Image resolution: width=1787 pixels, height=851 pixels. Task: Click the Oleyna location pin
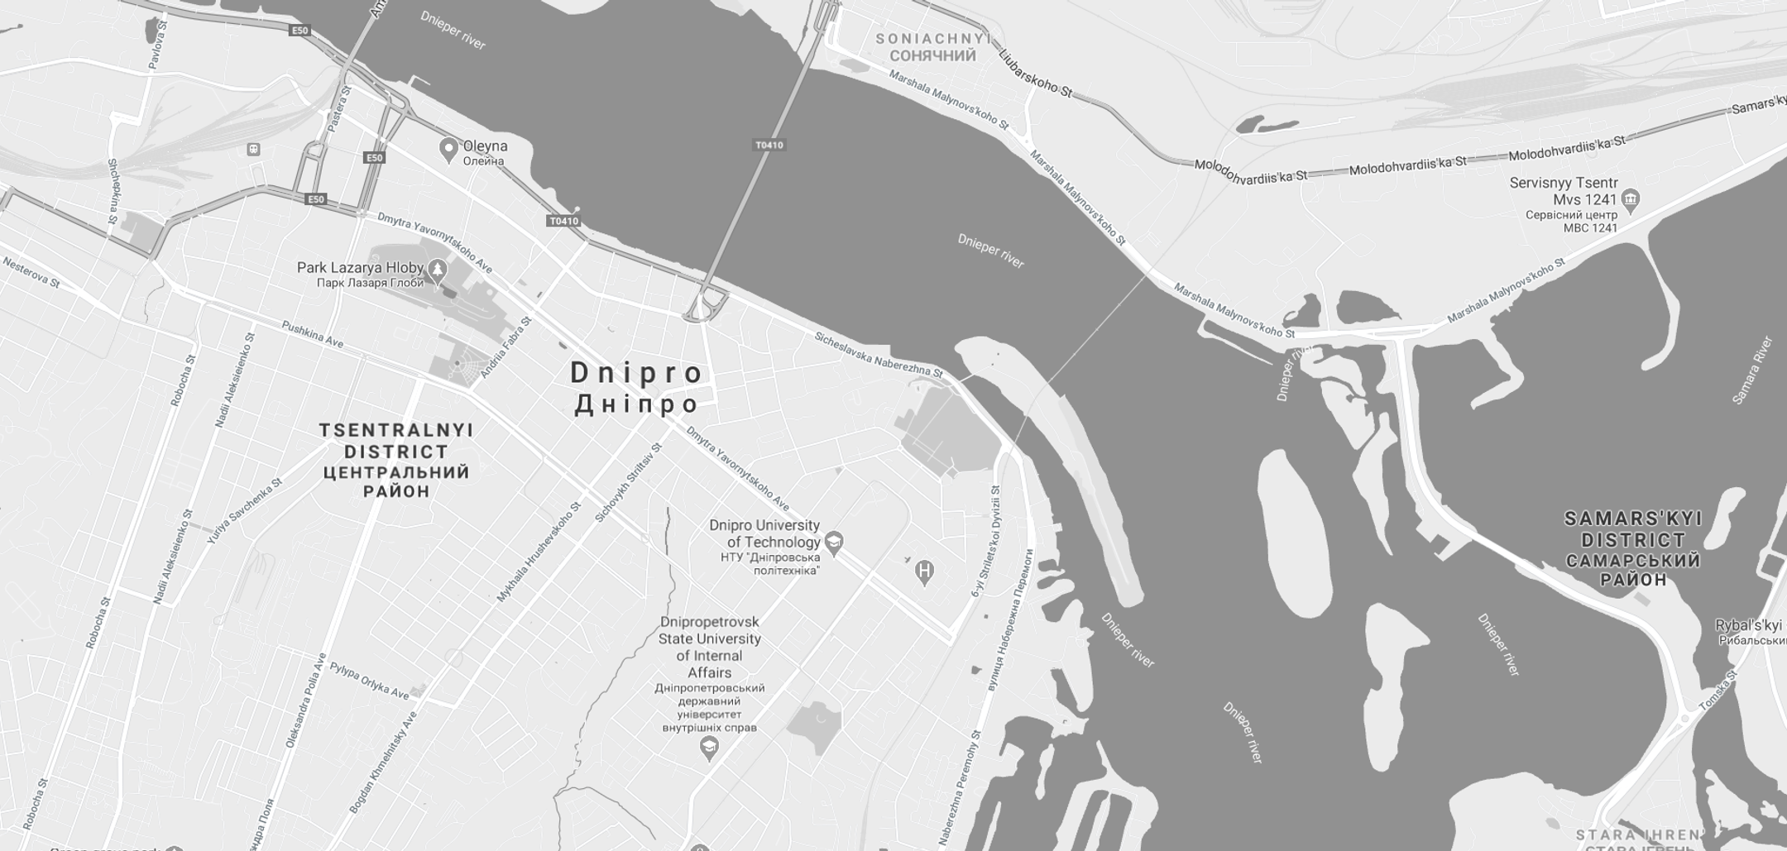pos(448,149)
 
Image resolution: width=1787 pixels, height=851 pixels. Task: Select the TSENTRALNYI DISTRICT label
pos(396,461)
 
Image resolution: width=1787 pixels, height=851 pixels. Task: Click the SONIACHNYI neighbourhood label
pos(933,47)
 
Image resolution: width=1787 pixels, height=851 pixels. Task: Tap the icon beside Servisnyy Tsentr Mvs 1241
pos(1631,198)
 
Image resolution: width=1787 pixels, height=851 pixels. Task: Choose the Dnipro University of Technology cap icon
pos(834,543)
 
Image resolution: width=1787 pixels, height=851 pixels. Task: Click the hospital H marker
pos(925,571)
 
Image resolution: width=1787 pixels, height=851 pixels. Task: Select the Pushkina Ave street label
pos(312,334)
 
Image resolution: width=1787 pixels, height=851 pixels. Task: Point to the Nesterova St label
pos(31,272)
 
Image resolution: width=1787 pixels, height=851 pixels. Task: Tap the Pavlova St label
pos(158,45)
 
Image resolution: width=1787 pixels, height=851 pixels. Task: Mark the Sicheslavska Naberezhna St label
pos(878,355)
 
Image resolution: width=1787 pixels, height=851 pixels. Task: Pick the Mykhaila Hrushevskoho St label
pos(539,551)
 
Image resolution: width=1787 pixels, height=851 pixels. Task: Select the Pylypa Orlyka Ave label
pos(369,681)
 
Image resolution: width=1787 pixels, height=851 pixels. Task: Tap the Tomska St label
pos(1718,691)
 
